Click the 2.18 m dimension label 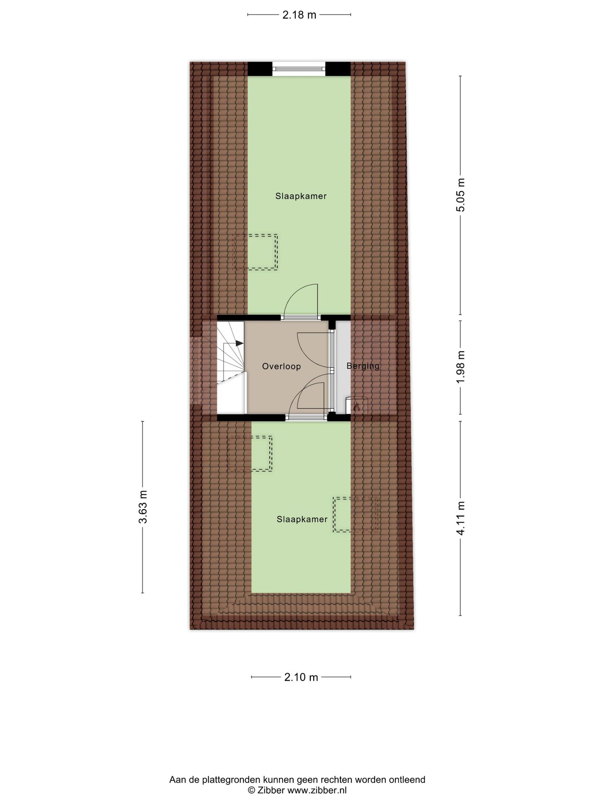[x=299, y=15]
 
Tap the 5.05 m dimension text [x=461, y=195]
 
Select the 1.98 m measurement [x=461, y=367]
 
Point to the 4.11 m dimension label [x=461, y=518]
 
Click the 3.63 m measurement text [x=143, y=507]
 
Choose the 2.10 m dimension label [x=301, y=677]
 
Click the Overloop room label [x=281, y=366]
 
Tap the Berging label [x=363, y=366]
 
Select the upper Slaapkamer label [x=301, y=196]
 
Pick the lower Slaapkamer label [x=302, y=519]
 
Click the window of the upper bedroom [x=299, y=69]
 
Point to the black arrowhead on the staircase [x=240, y=343]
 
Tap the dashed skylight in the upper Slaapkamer [x=255, y=252]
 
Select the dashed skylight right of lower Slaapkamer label [x=356, y=515]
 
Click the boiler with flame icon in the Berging [x=356, y=405]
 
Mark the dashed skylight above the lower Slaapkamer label [x=250, y=454]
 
